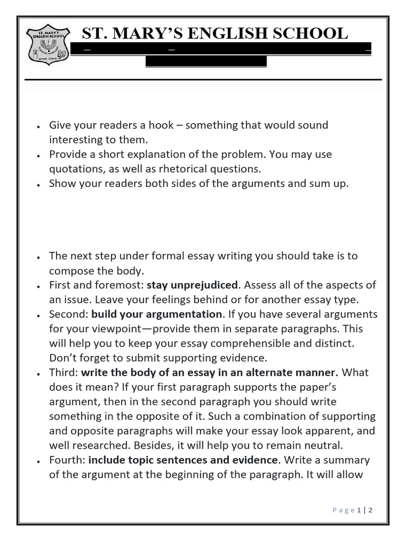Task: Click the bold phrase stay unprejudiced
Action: click(x=192, y=285)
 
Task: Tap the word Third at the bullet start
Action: click(x=62, y=372)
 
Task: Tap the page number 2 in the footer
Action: click(x=371, y=510)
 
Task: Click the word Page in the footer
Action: click(x=344, y=510)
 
